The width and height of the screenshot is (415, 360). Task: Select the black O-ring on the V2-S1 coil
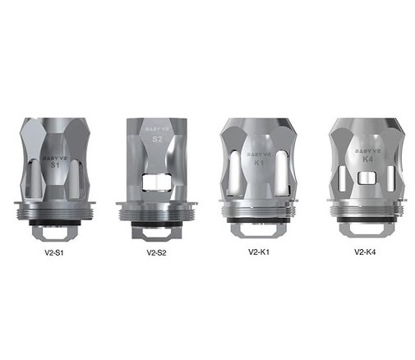(55, 223)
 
